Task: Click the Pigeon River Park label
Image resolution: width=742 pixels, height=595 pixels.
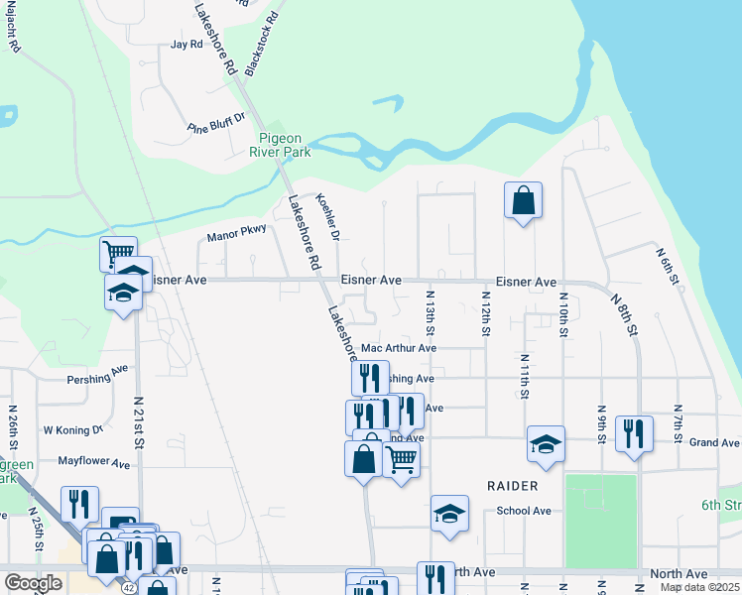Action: [x=285, y=145]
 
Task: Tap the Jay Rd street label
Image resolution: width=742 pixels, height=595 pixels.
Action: [x=186, y=45]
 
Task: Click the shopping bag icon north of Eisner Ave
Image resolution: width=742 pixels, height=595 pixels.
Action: [x=524, y=200]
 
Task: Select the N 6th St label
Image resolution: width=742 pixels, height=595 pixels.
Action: [x=667, y=267]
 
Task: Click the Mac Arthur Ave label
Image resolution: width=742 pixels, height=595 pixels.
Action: [x=399, y=348]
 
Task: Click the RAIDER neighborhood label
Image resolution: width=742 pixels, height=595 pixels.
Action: [x=513, y=486]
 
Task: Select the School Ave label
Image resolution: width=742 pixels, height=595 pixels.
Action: [x=524, y=511]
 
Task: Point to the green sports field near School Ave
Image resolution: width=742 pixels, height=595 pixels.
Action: [x=600, y=521]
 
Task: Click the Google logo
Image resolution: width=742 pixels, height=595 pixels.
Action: [x=33, y=583]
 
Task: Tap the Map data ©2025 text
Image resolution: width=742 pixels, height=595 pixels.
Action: [x=699, y=587]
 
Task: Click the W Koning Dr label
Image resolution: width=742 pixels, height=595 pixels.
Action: [x=72, y=430]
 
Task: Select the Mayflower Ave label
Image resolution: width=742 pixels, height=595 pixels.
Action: [x=93, y=463]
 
